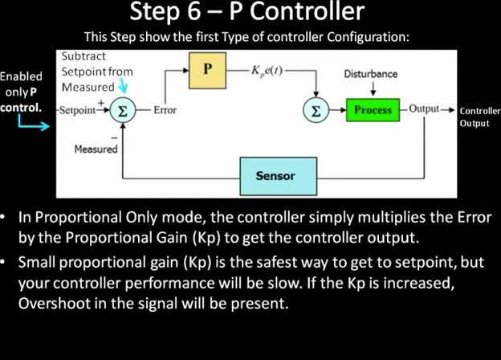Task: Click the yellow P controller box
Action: [x=207, y=71]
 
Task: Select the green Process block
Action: [x=372, y=110]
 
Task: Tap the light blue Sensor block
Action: [x=275, y=176]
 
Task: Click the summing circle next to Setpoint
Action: [x=122, y=111]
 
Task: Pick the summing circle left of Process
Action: [x=317, y=111]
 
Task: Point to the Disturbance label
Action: [x=371, y=74]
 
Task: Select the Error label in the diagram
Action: [x=165, y=111]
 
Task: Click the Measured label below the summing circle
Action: [x=96, y=149]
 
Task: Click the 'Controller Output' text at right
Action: [x=479, y=117]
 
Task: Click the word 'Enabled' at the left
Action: [x=22, y=77]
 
